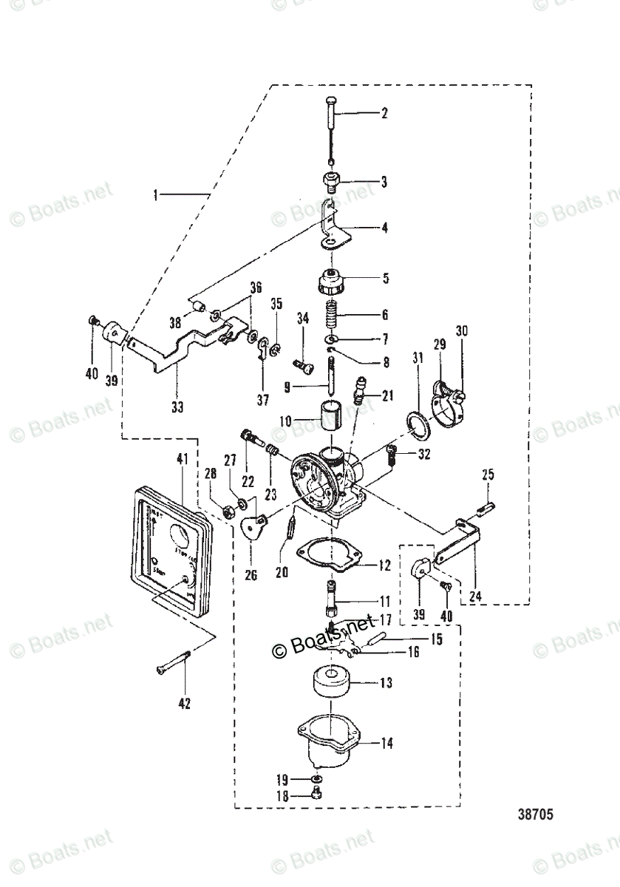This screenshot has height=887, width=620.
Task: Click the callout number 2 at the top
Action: point(384,114)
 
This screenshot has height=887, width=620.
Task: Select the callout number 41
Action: point(182,459)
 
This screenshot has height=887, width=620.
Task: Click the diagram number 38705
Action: point(535,817)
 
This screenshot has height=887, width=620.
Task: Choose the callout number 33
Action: point(177,406)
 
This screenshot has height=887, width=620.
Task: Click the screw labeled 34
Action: point(303,363)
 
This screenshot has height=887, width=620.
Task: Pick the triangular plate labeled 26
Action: point(254,529)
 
